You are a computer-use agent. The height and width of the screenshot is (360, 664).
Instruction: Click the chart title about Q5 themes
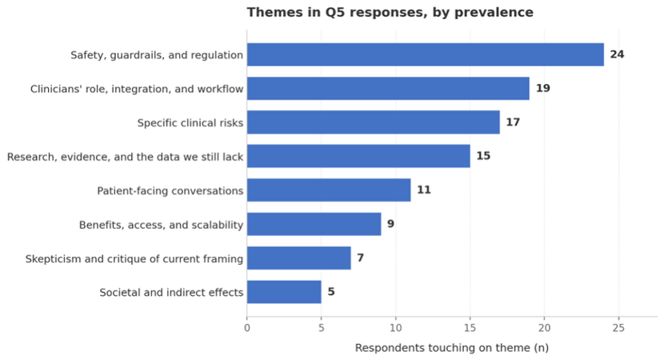click(390, 13)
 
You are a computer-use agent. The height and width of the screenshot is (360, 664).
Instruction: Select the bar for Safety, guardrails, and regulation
click(425, 54)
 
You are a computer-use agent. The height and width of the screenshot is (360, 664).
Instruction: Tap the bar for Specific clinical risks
click(373, 122)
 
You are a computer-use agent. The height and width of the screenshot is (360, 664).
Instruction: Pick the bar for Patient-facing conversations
click(328, 190)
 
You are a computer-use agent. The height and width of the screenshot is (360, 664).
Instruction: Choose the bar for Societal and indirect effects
click(283, 292)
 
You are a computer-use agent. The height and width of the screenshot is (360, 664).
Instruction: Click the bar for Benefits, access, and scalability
click(314, 224)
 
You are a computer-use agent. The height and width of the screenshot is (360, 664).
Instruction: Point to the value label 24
click(617, 54)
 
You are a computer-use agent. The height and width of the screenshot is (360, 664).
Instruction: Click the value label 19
click(542, 88)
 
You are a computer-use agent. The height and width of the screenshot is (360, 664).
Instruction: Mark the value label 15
click(483, 156)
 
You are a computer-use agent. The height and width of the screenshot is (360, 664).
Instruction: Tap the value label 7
click(360, 258)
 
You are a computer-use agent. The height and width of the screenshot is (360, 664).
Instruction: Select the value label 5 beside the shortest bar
click(330, 292)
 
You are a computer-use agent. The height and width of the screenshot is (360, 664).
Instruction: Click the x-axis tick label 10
click(395, 328)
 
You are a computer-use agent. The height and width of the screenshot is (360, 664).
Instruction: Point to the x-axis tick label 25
click(618, 328)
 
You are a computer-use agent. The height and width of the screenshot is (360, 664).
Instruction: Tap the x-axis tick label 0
click(246, 328)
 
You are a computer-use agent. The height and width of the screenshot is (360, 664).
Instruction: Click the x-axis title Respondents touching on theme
click(451, 348)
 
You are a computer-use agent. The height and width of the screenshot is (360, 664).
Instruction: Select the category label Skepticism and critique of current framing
click(134, 258)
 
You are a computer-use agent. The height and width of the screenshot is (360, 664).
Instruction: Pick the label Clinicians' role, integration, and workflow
click(136, 88)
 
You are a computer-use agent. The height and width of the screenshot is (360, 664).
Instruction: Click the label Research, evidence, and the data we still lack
click(125, 156)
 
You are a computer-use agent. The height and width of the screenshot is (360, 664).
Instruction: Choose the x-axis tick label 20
click(544, 328)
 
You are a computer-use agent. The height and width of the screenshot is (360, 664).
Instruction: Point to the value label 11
click(423, 190)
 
